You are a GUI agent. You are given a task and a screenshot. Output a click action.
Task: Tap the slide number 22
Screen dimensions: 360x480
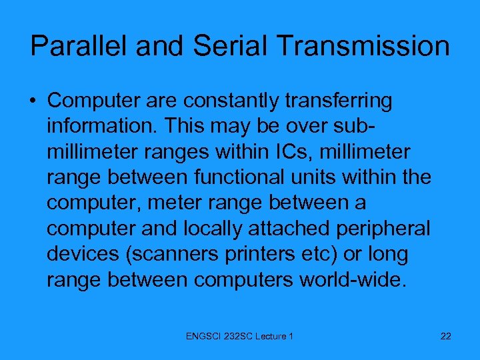[446, 336]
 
